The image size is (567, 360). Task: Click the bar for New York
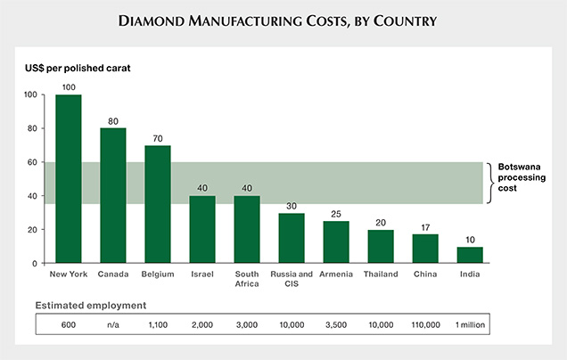[68, 178]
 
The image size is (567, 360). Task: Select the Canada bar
[112, 195]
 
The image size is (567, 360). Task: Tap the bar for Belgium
[157, 204]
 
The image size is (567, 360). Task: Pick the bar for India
[469, 255]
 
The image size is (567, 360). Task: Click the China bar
[424, 249]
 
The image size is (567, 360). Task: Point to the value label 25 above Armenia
[336, 214]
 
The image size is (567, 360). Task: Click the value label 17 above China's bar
[425, 227]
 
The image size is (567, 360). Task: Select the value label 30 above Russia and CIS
[292, 206]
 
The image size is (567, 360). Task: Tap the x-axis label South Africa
[247, 279]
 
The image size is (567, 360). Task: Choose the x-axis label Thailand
[381, 274]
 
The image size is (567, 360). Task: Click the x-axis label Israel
[202, 274]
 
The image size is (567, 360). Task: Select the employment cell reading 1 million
[469, 323]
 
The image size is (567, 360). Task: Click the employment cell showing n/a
[112, 323]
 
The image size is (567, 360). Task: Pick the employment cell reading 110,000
[424, 323]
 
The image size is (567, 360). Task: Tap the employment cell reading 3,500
[336, 323]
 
